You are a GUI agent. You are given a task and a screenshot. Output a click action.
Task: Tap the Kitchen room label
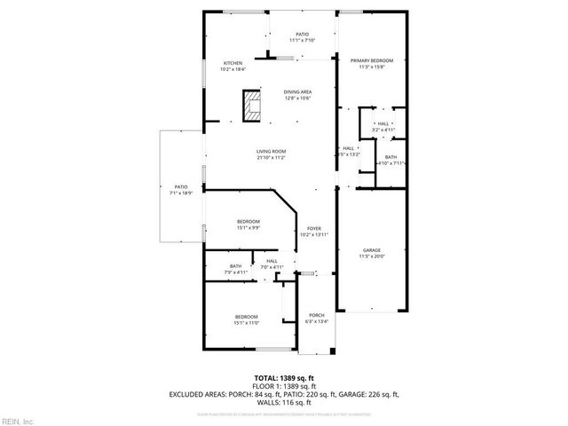point(233,66)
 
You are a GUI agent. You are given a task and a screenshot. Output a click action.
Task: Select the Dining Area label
point(297,95)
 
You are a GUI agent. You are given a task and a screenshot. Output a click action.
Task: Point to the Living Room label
point(271,154)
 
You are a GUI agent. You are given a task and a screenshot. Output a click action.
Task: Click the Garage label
point(371,253)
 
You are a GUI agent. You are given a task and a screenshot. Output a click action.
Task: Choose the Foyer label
point(314,231)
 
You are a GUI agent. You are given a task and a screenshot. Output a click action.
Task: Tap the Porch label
point(317,319)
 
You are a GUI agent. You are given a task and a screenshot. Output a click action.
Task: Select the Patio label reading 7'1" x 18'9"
point(181,190)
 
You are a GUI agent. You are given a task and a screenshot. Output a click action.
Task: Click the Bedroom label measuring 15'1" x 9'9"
point(248,224)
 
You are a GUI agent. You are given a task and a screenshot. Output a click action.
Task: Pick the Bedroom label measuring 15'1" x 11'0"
point(246,319)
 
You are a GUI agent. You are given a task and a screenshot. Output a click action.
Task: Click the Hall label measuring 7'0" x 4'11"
point(272,264)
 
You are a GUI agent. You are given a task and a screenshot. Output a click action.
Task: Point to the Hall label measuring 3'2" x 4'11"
point(383,127)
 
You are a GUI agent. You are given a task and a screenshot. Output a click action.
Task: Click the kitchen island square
point(254,106)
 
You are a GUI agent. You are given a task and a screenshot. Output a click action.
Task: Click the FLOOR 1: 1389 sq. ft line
point(284,386)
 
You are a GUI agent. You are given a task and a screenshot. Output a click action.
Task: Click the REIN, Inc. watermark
point(17,420)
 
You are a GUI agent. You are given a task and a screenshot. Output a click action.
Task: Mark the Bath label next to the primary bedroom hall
point(391,160)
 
